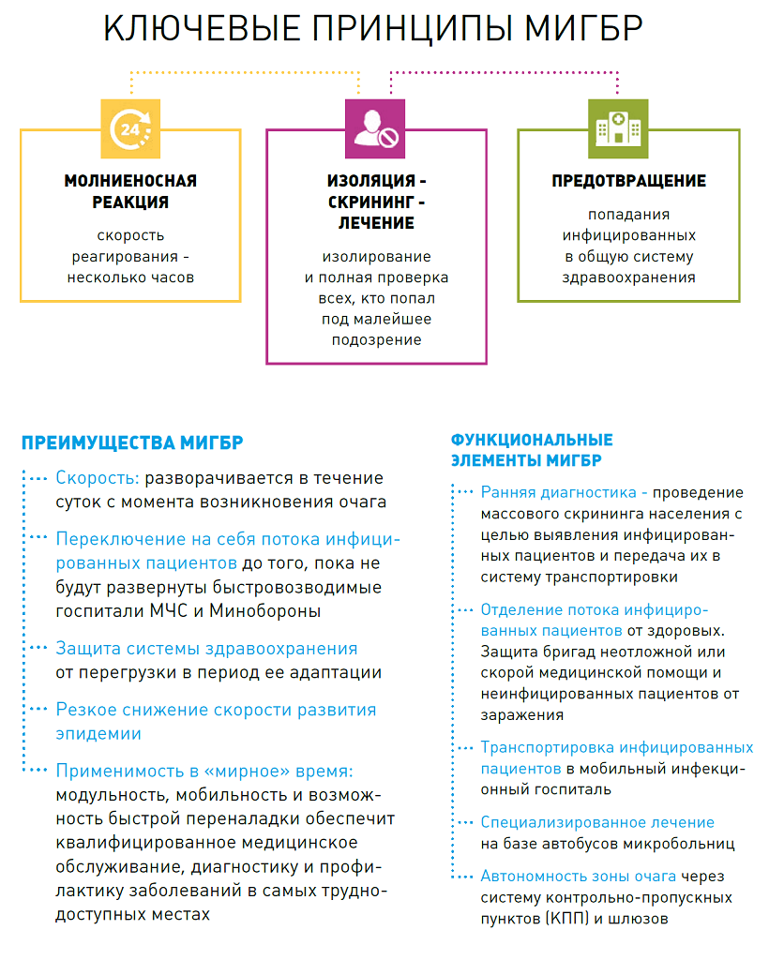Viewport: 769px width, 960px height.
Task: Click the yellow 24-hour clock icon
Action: [x=130, y=128]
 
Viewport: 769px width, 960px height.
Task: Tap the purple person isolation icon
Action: [x=376, y=128]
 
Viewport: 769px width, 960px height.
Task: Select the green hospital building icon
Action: [x=618, y=128]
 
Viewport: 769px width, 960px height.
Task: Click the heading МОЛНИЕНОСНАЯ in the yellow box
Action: [x=130, y=181]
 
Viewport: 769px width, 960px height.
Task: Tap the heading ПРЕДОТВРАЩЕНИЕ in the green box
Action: [x=628, y=181]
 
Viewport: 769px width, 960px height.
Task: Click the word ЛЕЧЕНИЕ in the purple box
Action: [x=376, y=223]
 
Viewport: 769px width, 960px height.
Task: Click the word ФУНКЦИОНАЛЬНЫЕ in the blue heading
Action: [x=532, y=440]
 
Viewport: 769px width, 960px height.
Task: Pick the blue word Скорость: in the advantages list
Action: [x=97, y=477]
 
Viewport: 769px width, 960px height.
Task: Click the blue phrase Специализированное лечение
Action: [x=597, y=822]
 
